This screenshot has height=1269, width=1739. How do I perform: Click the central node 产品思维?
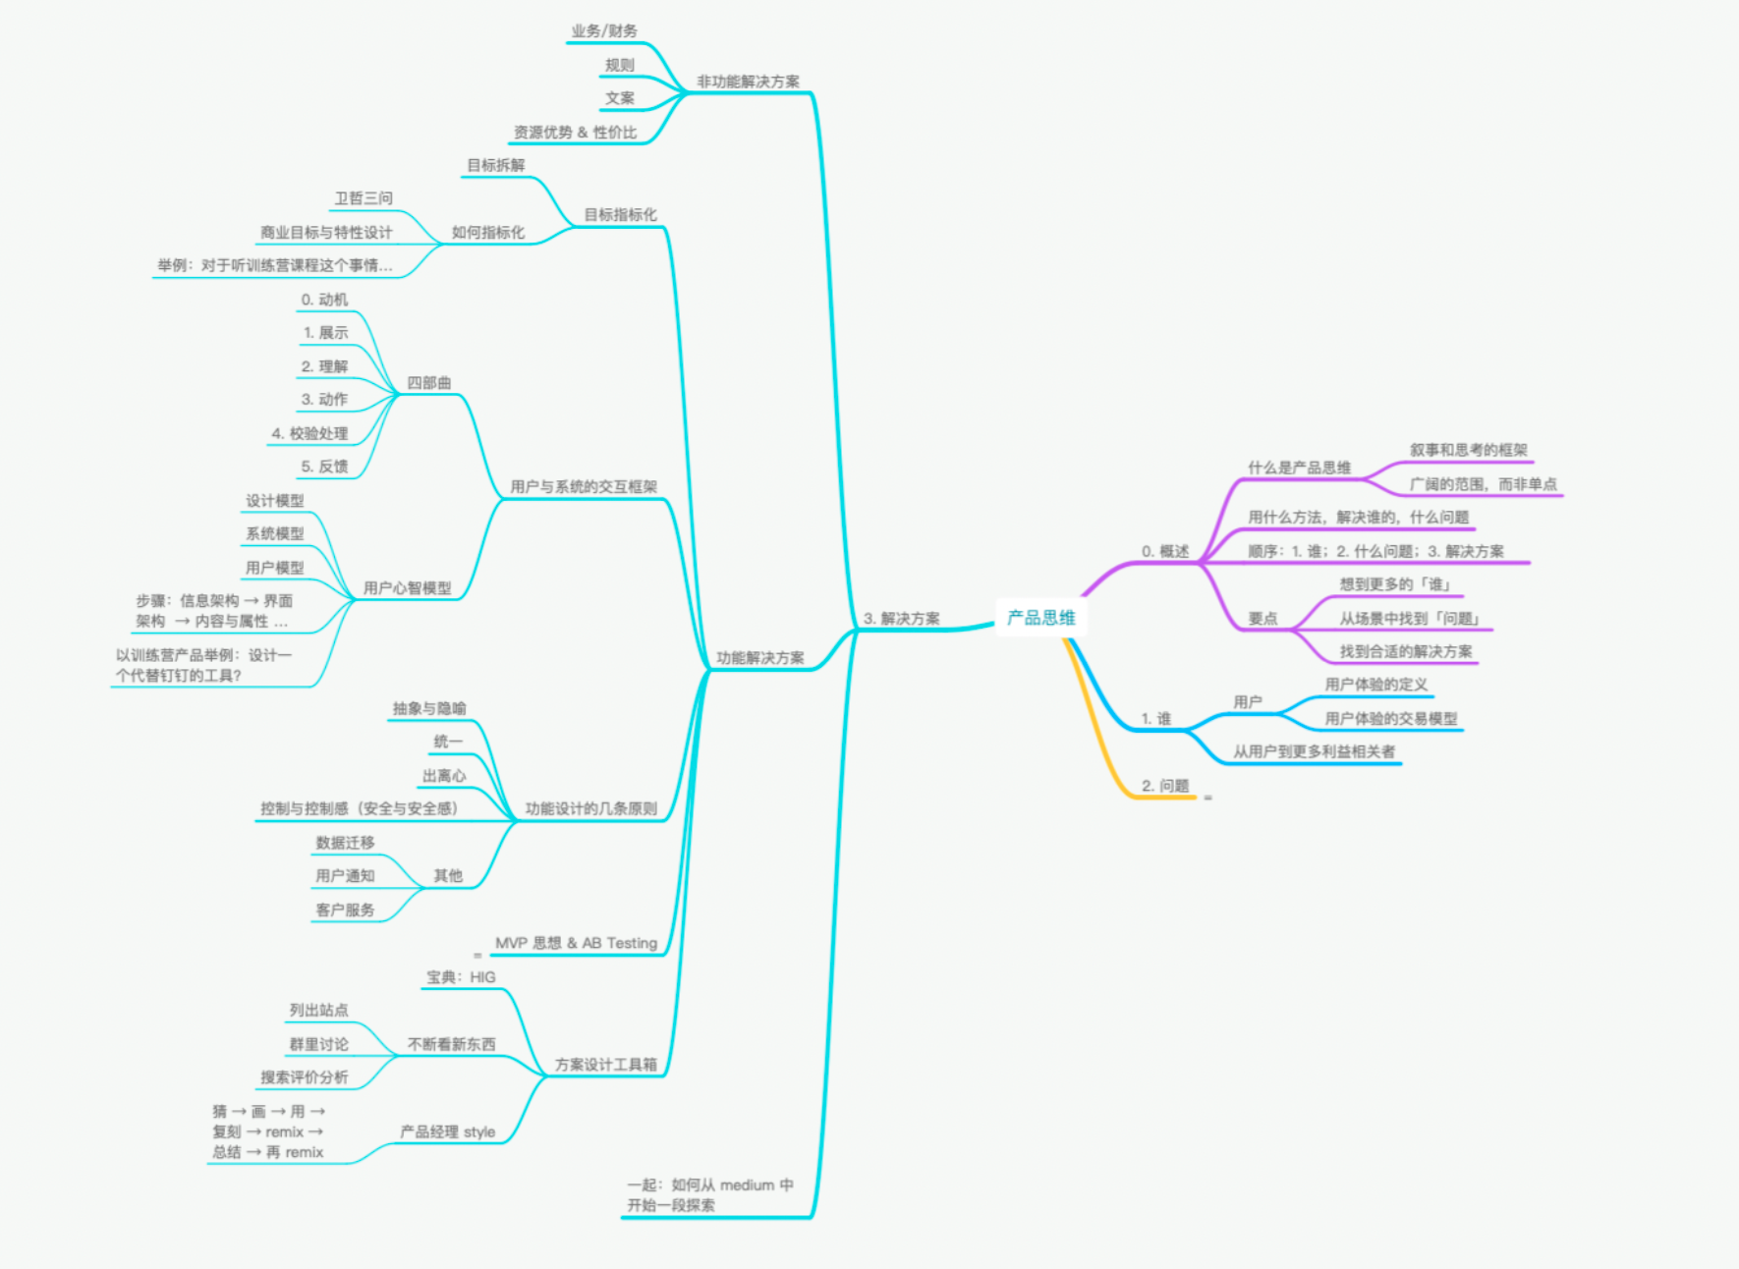pos(1040,618)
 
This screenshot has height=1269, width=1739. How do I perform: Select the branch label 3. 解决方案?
pos(901,619)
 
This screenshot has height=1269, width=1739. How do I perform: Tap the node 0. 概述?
pos(1164,551)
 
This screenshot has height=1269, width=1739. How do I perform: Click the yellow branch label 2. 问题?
pos(1164,786)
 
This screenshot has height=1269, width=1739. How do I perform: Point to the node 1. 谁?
pos(1155,719)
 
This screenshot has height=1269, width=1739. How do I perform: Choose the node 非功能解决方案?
pos(748,82)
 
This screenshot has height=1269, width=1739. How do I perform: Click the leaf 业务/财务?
pos(603,31)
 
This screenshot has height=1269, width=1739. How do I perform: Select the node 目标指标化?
pos(620,215)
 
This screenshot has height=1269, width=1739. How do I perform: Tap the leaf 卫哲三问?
pos(364,198)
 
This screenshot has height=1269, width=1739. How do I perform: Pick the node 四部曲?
pos(428,383)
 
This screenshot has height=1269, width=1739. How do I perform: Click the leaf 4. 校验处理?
pos(309,433)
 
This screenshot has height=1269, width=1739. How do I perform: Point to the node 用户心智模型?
pos(407,588)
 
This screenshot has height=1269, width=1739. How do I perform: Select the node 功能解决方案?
pos(759,658)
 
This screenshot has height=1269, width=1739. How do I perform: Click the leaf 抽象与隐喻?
pos(429,709)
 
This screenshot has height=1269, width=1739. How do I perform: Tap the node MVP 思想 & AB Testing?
pos(576,943)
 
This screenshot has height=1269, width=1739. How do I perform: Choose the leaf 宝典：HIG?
pos(461,977)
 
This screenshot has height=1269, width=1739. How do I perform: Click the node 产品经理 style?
pos(447,1132)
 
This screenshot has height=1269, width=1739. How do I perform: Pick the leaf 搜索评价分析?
pos(304,1077)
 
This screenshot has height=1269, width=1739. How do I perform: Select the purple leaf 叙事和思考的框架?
pos(1468,450)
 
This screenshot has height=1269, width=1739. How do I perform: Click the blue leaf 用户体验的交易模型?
pos(1390,719)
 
